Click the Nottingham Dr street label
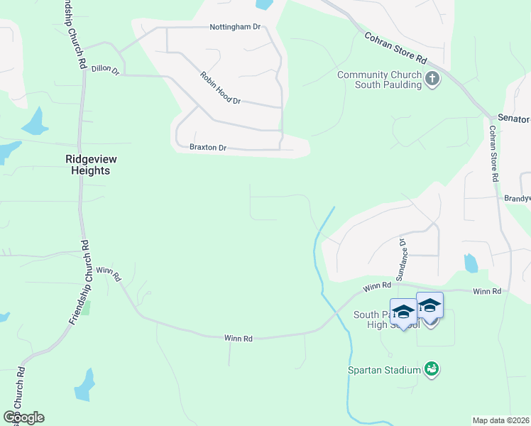click(x=235, y=27)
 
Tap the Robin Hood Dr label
click(x=221, y=88)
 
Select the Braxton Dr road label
click(x=207, y=148)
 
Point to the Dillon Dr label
click(x=105, y=70)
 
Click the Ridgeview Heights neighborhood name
click(x=88, y=165)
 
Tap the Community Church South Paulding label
click(x=379, y=80)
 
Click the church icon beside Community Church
click(x=433, y=79)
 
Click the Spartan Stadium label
click(x=383, y=369)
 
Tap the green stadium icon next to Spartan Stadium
click(x=431, y=368)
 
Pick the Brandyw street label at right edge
click(x=517, y=199)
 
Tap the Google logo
click(x=23, y=417)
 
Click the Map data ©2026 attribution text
click(x=500, y=420)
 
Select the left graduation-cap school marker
click(x=403, y=312)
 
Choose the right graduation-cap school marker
click(x=429, y=305)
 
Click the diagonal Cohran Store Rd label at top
click(x=395, y=48)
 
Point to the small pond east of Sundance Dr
click(x=471, y=263)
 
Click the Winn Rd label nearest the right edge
click(x=487, y=292)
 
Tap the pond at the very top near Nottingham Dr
click(x=263, y=4)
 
